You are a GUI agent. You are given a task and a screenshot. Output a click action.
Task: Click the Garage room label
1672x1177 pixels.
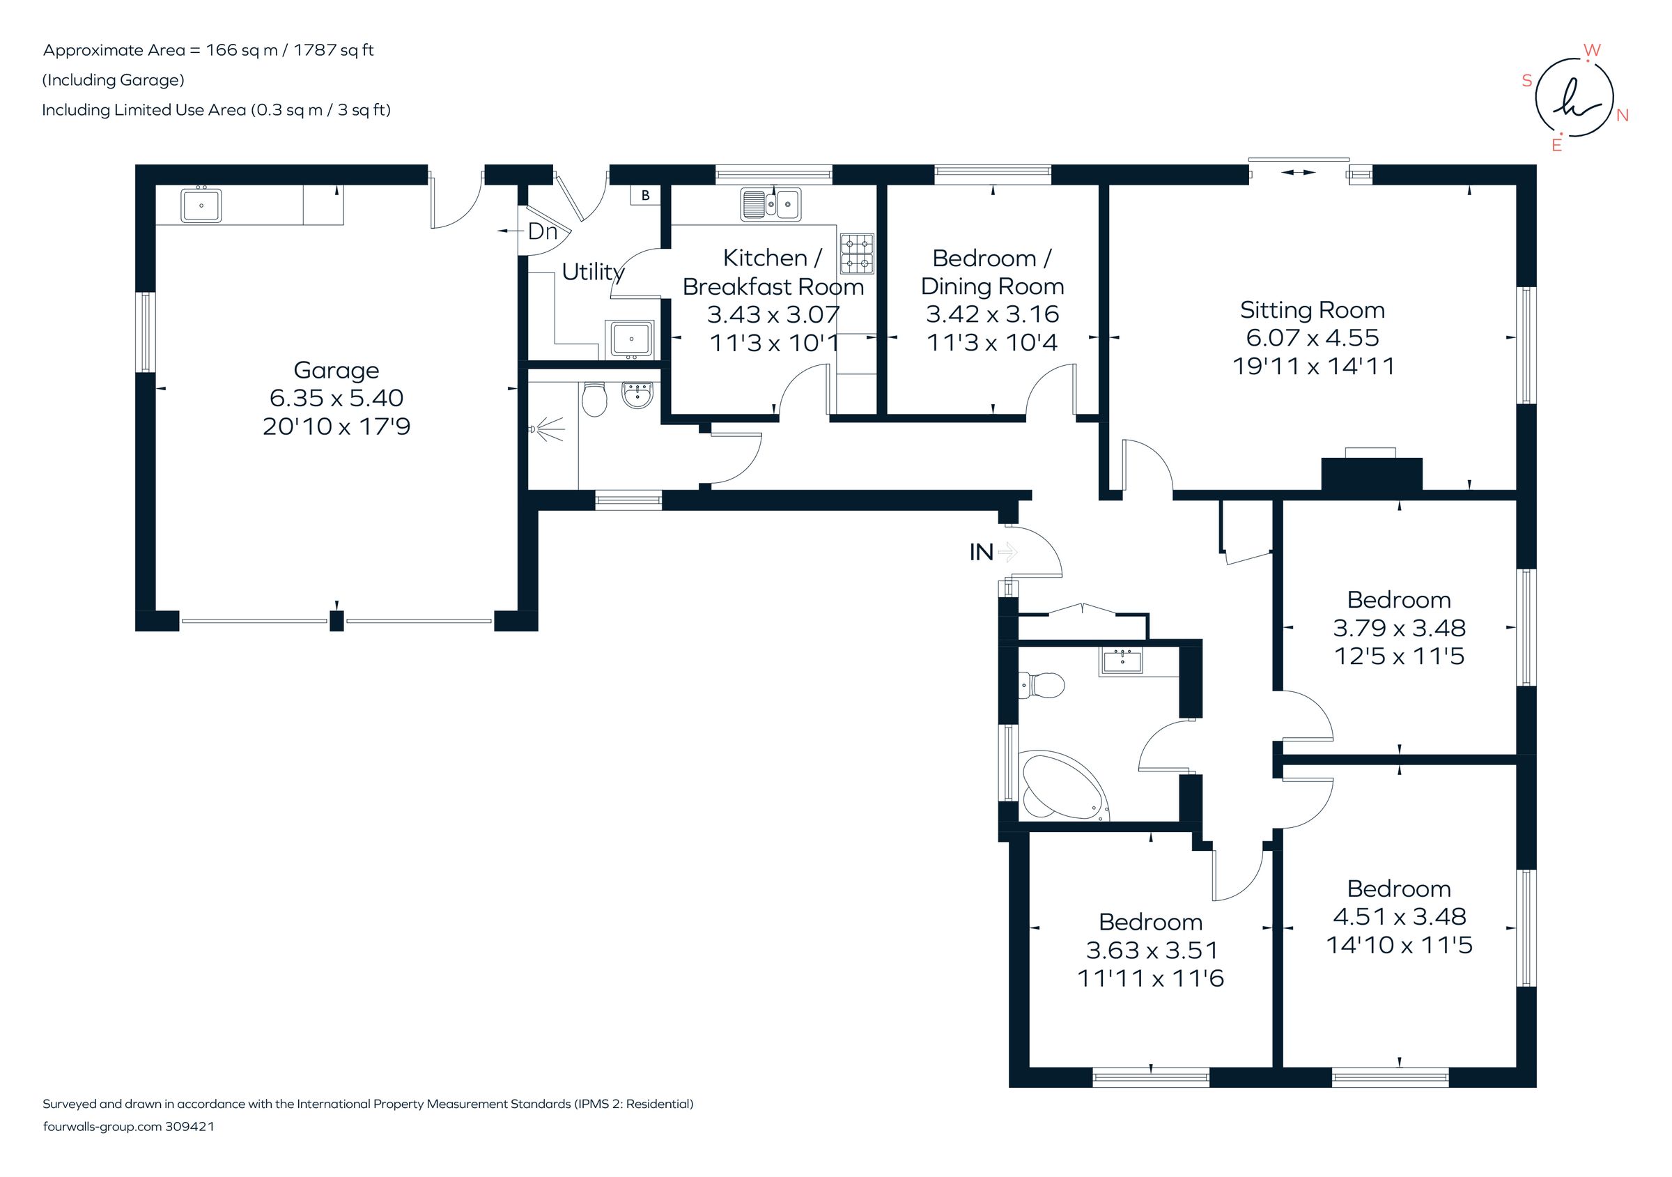pyautogui.click(x=336, y=370)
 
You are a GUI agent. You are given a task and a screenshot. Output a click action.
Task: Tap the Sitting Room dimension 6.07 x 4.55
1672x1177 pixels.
pyautogui.click(x=1313, y=338)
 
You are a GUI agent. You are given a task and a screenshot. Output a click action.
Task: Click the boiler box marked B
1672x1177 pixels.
pyautogui.click(x=645, y=195)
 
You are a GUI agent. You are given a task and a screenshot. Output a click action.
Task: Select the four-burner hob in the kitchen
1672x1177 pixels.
pyautogui.click(x=856, y=254)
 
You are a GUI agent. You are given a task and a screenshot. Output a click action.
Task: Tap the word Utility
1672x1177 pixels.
pyautogui.click(x=593, y=272)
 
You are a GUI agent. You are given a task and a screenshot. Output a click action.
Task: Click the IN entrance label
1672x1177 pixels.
pyautogui.click(x=981, y=553)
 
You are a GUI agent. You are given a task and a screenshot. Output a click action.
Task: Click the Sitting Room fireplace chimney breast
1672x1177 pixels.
pyautogui.click(x=1371, y=473)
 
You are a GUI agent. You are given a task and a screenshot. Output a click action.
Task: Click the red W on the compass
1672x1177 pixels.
pyautogui.click(x=1592, y=50)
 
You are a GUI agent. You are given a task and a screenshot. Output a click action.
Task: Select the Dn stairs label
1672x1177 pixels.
pyautogui.click(x=543, y=231)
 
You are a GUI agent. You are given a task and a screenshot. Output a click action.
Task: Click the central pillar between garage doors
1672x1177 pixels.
pyautogui.click(x=336, y=620)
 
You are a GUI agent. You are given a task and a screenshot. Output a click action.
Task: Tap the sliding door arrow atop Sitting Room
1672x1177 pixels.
pyautogui.click(x=1299, y=173)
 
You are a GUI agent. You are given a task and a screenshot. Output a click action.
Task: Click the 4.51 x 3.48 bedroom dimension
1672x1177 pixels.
pyautogui.click(x=1399, y=917)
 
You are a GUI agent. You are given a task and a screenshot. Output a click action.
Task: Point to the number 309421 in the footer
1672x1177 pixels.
pyautogui.click(x=189, y=1127)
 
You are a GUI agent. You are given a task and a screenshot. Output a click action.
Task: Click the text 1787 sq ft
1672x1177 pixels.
pyautogui.click(x=334, y=50)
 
